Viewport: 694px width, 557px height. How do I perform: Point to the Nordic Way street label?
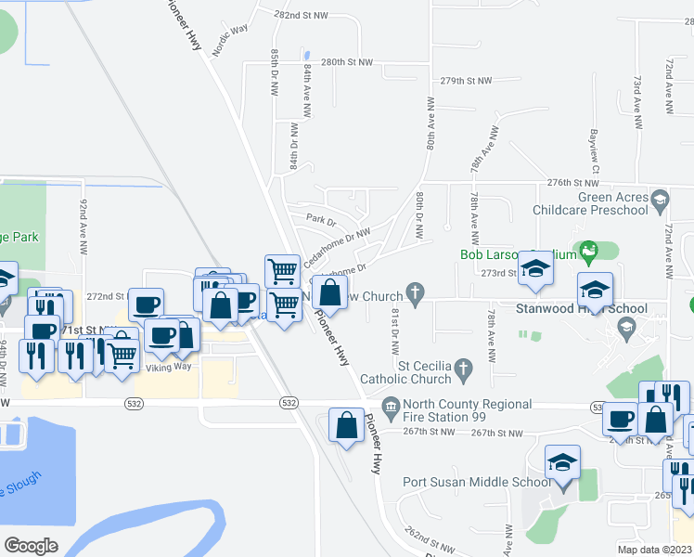(x=230, y=41)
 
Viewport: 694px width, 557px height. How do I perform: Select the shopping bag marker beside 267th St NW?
(x=346, y=426)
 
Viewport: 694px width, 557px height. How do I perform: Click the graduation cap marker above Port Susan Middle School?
(x=561, y=464)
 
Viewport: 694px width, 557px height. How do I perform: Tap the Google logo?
(x=31, y=546)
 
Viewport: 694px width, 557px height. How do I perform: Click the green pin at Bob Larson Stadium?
(x=585, y=250)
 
